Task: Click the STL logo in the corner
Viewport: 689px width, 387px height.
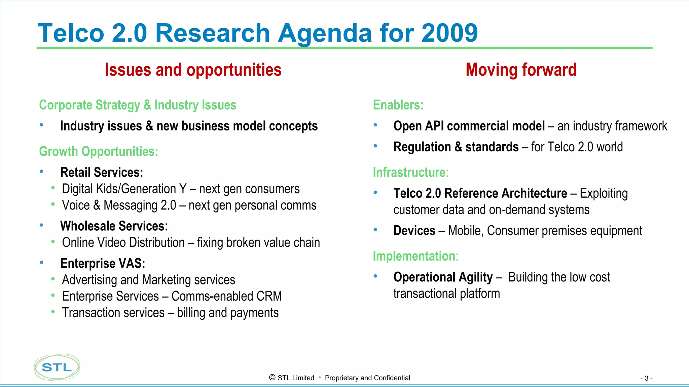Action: tap(57, 367)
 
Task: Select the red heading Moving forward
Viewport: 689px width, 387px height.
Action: tap(521, 70)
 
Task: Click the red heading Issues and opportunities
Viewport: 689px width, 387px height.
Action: tap(193, 70)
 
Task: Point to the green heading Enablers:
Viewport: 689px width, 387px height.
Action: tap(398, 105)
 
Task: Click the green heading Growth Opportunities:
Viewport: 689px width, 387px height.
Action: tap(99, 151)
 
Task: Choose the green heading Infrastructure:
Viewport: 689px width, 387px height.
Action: tap(410, 172)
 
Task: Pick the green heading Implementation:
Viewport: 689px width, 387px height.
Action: tap(415, 256)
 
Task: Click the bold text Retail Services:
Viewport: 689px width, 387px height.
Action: tap(102, 172)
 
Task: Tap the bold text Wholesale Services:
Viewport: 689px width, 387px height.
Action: tap(114, 226)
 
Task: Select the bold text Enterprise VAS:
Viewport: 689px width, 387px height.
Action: tap(103, 263)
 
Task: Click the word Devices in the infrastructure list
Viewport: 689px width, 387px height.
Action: tap(414, 231)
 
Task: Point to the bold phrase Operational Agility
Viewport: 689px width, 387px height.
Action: tap(443, 277)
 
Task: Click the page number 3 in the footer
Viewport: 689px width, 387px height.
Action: tap(646, 378)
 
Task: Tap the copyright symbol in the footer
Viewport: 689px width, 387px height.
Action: tap(272, 378)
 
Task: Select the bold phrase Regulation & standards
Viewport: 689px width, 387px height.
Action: tap(456, 147)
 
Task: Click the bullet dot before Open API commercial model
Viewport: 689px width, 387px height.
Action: tap(375, 125)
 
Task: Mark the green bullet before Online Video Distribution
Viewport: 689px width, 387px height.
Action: tap(53, 241)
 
